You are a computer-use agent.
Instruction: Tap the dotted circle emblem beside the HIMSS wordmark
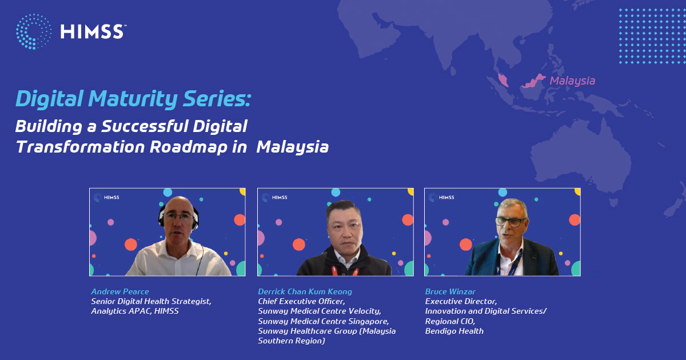click(33, 31)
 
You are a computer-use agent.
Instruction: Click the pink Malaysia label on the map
click(572, 81)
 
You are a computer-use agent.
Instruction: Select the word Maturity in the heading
click(133, 99)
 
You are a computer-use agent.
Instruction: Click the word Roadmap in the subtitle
click(189, 147)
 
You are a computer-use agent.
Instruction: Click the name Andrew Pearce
click(120, 291)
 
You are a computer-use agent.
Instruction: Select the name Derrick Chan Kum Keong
click(305, 291)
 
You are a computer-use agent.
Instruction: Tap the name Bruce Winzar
click(450, 291)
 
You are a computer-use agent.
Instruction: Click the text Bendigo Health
click(454, 331)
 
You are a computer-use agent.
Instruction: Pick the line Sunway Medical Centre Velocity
click(320, 311)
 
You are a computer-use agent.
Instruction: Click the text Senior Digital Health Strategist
click(151, 302)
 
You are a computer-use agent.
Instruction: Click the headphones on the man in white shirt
click(178, 217)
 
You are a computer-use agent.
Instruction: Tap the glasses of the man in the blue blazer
click(510, 221)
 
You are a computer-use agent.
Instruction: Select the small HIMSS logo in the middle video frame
click(275, 198)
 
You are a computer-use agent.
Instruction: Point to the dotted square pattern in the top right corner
click(652, 36)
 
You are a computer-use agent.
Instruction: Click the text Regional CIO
click(450, 321)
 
